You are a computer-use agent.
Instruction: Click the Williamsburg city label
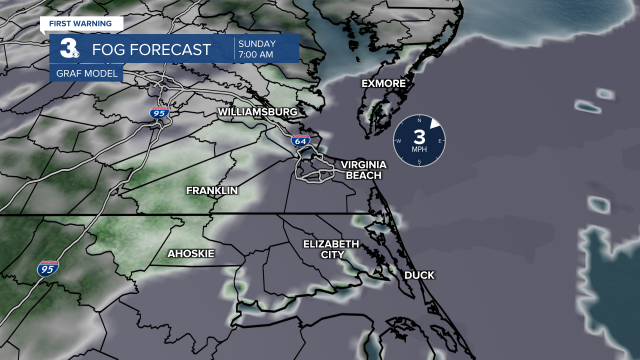(257, 112)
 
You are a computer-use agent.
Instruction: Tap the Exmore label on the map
(383, 83)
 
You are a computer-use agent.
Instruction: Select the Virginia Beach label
(363, 170)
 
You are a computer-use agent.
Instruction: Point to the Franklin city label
(212, 190)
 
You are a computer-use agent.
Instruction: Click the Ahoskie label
(190, 254)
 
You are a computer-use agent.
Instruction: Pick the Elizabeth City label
(331, 249)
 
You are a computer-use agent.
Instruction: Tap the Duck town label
(419, 275)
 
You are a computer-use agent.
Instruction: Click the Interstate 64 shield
(300, 140)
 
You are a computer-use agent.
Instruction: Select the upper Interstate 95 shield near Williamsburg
(159, 112)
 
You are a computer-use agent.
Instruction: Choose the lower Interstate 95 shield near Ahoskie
(48, 269)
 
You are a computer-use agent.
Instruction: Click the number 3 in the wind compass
(419, 137)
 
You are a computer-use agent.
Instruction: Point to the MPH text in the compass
(419, 149)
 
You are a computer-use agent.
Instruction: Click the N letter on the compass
(419, 121)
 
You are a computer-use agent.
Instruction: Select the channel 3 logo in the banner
(68, 48)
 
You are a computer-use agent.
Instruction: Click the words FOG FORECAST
(151, 49)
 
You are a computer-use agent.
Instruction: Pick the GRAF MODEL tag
(86, 74)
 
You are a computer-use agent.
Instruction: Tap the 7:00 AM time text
(255, 54)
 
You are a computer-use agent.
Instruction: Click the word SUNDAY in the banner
(256, 43)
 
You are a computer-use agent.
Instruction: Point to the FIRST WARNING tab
(80, 23)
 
